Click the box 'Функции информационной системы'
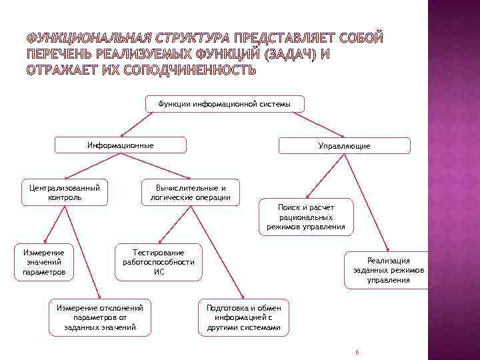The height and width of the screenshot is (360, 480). tap(225, 104)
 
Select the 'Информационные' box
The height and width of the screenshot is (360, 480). tap(121, 145)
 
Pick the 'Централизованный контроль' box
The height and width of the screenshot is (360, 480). tap(65, 192)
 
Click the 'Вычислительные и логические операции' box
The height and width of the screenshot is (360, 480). tap(191, 192)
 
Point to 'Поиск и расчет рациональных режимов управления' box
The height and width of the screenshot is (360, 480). tap(307, 217)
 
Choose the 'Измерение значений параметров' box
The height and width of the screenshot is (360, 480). tap(44, 262)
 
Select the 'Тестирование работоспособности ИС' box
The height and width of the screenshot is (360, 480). tap(159, 262)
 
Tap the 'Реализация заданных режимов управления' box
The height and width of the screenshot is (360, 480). tap(388, 271)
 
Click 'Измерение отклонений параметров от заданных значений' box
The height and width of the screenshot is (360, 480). tap(100, 317)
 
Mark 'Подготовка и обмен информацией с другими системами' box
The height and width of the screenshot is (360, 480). tap(244, 317)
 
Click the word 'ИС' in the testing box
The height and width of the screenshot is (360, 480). tap(159, 272)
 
